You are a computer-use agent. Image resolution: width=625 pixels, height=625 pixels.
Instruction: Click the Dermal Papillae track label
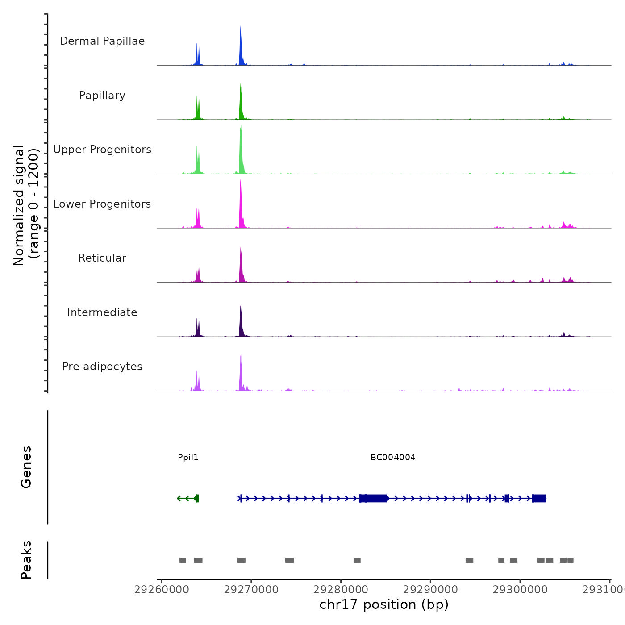(102, 41)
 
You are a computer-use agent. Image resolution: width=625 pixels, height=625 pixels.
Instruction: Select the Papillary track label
(102, 96)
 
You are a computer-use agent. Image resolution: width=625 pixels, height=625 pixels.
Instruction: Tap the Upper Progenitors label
(102, 150)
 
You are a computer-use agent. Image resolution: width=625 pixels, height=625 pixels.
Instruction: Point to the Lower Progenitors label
(102, 204)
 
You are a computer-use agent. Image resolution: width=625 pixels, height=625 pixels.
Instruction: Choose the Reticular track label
(102, 258)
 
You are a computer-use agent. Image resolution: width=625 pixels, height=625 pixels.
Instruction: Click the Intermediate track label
(102, 312)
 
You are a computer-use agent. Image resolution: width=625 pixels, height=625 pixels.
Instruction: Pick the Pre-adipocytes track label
(102, 367)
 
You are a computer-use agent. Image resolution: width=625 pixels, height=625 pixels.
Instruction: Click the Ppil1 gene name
(188, 458)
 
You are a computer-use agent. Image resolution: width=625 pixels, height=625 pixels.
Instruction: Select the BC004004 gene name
(393, 458)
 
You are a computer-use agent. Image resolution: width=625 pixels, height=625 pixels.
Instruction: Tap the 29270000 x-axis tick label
(251, 590)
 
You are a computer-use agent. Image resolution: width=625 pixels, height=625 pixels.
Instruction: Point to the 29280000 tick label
(341, 590)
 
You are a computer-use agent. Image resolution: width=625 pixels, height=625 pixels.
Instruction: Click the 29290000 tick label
(430, 590)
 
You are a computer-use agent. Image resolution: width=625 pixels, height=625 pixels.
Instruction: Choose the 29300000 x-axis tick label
(520, 590)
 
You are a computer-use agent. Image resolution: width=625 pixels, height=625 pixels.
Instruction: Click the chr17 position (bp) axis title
(384, 604)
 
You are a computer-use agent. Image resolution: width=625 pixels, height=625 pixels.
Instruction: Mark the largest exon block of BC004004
(374, 498)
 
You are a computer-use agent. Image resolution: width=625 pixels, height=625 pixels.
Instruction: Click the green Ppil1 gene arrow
(188, 498)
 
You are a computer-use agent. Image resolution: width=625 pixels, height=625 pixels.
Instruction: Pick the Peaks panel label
(26, 560)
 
